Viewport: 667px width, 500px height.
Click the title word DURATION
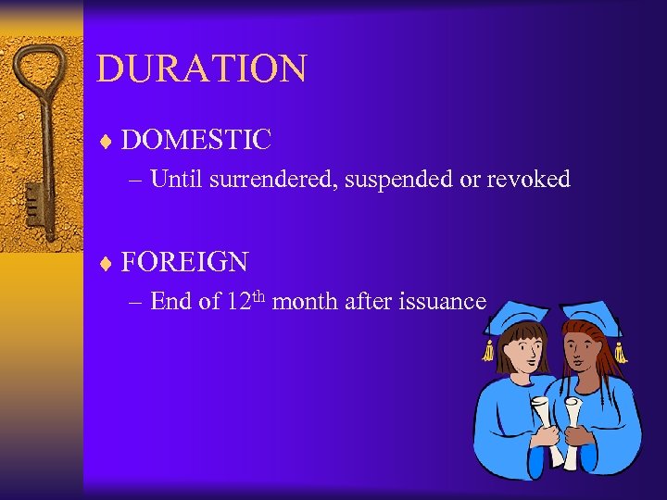(201, 69)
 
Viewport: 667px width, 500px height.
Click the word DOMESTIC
(195, 141)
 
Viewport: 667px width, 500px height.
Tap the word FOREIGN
(184, 262)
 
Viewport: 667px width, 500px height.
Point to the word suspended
(399, 180)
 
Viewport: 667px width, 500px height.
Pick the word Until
(177, 180)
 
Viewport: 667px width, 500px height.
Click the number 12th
(245, 300)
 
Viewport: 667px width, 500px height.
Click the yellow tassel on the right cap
(618, 350)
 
